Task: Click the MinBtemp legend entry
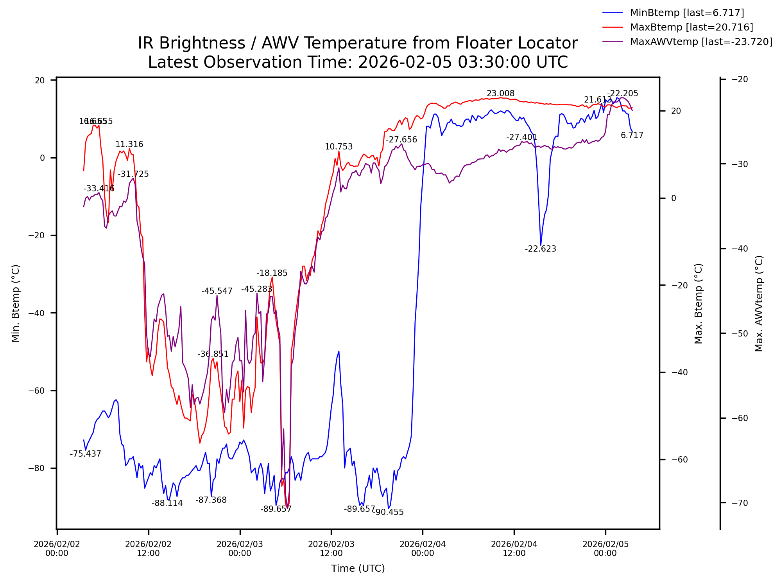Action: (x=686, y=13)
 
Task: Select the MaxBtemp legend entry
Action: (x=691, y=27)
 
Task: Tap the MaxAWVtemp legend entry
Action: (x=701, y=42)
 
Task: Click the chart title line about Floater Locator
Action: (x=358, y=43)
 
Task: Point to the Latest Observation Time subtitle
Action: (x=358, y=62)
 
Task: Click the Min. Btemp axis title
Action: (x=16, y=303)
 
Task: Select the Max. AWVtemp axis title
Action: (x=759, y=303)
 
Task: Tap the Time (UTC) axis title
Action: (x=358, y=569)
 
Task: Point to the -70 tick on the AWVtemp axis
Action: (x=740, y=503)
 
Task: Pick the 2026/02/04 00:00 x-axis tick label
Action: (x=423, y=549)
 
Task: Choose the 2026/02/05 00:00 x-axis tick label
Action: (x=605, y=549)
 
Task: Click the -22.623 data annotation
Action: (x=540, y=249)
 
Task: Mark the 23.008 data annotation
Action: (x=500, y=94)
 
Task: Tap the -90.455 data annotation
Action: (x=389, y=512)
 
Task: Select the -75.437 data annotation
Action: (x=86, y=454)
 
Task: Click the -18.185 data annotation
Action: (x=272, y=273)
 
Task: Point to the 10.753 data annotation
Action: (x=339, y=147)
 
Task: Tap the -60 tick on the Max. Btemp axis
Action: (x=679, y=459)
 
